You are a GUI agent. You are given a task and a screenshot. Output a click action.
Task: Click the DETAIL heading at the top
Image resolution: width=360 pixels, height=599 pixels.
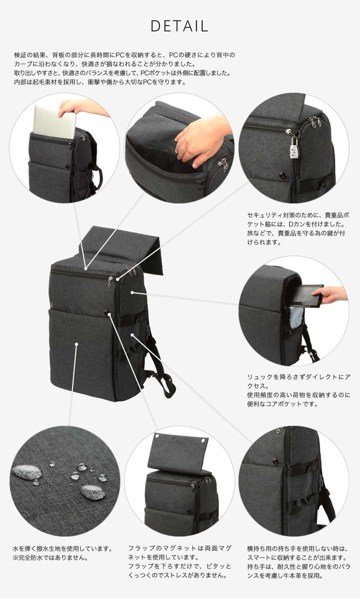[179, 26]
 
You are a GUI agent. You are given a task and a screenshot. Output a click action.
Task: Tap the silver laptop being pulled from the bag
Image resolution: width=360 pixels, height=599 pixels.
[53, 122]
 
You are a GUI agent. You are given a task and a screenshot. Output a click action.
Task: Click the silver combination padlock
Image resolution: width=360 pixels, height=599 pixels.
[294, 148]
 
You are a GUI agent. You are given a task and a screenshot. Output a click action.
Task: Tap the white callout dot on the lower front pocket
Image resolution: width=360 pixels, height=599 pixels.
[76, 344]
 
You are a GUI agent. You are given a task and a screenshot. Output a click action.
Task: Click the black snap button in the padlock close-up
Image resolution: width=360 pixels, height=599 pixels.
[282, 176]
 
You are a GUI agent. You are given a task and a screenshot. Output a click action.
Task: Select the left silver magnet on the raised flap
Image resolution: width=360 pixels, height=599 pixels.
[158, 436]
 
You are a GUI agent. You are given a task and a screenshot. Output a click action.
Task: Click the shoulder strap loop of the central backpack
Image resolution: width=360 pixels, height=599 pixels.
[167, 385]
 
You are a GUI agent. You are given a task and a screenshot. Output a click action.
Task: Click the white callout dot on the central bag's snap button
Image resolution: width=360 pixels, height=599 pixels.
[109, 315]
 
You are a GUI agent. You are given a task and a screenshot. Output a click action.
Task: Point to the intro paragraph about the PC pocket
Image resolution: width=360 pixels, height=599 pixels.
[125, 68]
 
